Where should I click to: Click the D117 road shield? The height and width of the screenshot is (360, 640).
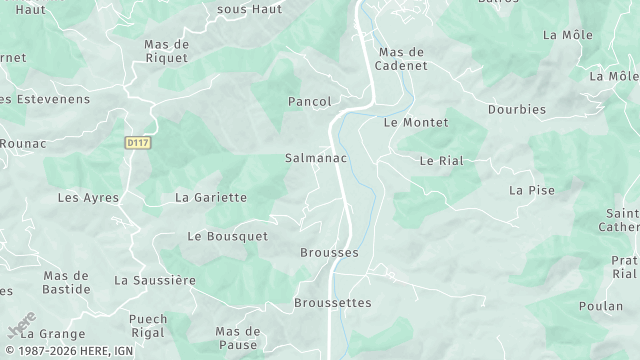[137, 144]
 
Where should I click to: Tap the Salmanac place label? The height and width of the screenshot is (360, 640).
[316, 158]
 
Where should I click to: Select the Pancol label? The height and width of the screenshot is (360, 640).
[308, 101]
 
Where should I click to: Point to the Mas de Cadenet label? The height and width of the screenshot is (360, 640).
[402, 58]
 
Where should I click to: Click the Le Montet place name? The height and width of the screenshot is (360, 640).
[416, 122]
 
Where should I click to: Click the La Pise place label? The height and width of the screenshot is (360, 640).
[531, 189]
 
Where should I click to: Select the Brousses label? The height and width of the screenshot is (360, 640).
[329, 253]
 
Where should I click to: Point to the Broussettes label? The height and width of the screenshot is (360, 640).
[333, 302]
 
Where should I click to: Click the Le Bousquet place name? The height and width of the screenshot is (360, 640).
[228, 236]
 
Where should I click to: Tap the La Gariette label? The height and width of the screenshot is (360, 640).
[211, 197]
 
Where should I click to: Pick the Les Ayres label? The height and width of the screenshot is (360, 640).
[88, 197]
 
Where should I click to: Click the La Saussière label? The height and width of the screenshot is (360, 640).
[155, 280]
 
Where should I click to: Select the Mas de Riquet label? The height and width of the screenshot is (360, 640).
[167, 51]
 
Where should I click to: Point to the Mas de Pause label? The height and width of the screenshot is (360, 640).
[238, 337]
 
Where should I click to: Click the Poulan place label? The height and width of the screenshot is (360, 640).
[600, 306]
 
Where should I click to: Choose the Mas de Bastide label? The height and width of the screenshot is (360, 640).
[67, 282]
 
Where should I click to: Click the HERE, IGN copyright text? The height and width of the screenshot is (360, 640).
[67, 352]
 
